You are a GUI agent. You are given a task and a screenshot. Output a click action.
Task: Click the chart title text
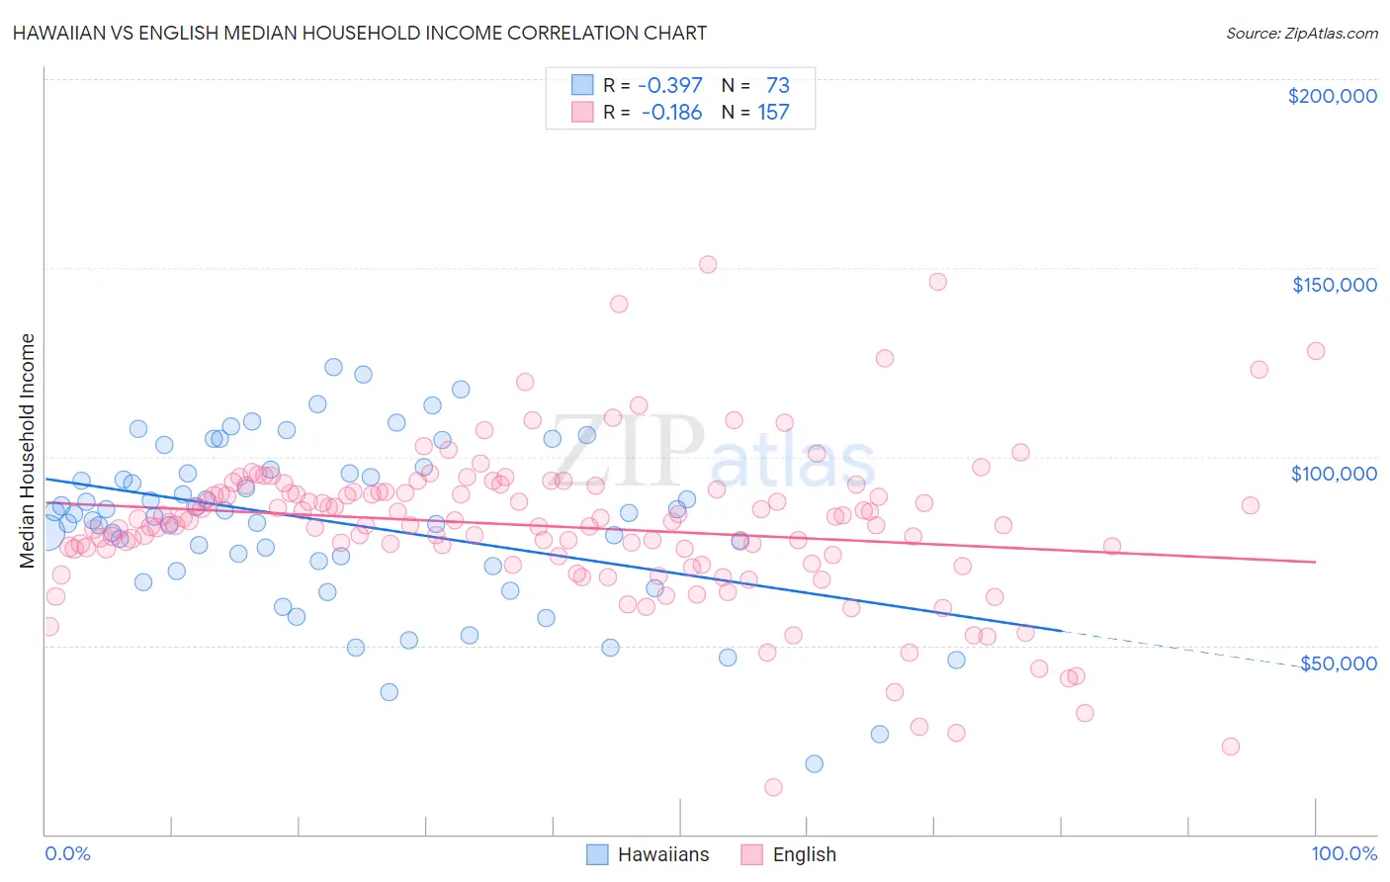coord(361,33)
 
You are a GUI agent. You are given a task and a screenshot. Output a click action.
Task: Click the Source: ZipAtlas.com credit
coord(1301,33)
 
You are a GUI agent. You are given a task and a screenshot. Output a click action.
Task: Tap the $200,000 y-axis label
coord(1332,96)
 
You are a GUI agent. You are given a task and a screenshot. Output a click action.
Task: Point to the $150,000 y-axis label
coord(1334,285)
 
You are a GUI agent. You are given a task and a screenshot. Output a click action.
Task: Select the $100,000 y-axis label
coord(1334,474)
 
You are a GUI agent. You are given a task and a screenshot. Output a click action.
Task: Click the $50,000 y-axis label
coord(1338,662)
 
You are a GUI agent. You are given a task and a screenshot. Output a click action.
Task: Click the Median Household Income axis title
coord(27,451)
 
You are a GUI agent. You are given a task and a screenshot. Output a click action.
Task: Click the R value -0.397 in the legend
coord(669,86)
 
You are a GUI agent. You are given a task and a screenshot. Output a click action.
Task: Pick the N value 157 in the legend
coord(773,113)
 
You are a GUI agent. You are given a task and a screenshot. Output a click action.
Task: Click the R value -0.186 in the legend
coord(671,113)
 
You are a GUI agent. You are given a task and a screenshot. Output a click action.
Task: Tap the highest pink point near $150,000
coord(708,264)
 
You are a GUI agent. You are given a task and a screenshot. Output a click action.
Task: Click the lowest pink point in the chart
coord(773,787)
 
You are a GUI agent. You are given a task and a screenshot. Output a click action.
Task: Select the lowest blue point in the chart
coord(814,763)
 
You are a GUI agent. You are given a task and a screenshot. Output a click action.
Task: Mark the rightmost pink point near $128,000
coord(1316,351)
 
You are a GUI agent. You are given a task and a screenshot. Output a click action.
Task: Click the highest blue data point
coord(333,367)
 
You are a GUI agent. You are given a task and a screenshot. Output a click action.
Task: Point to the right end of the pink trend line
coord(1316,562)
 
